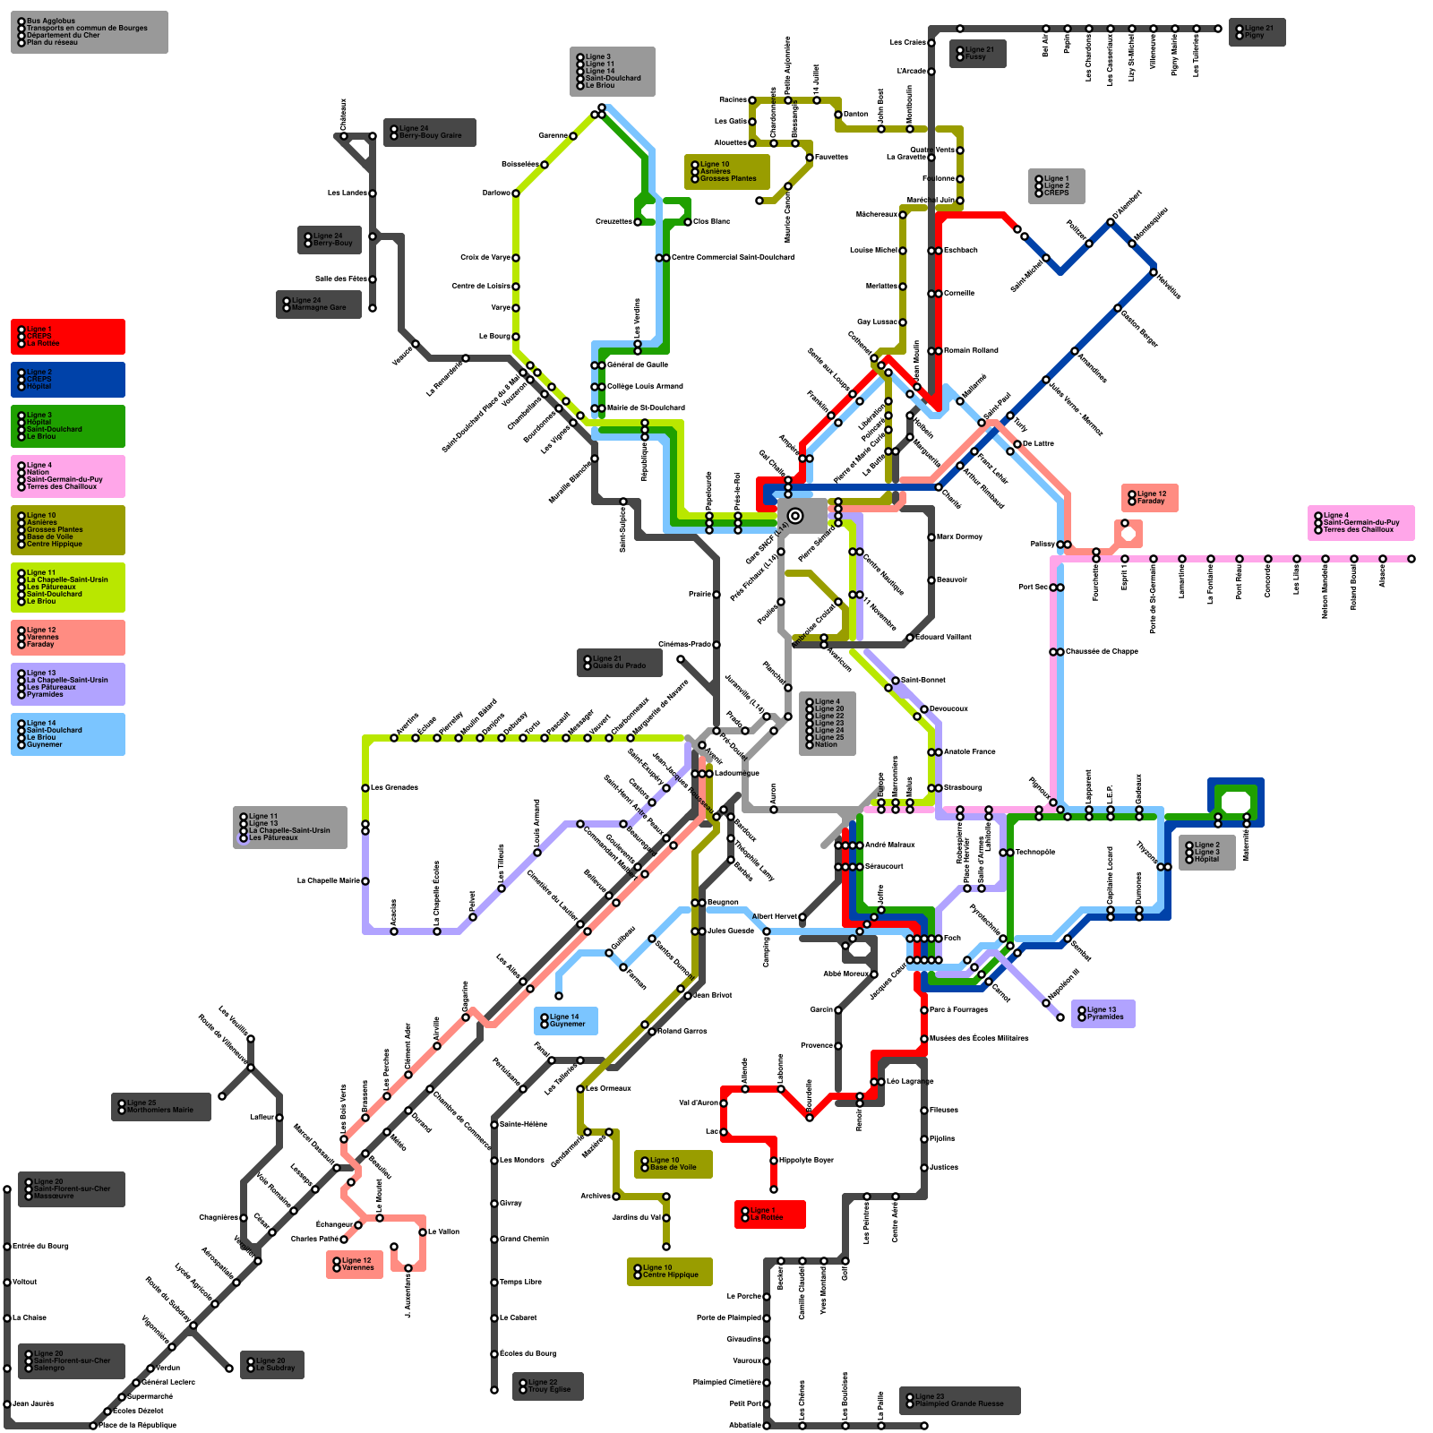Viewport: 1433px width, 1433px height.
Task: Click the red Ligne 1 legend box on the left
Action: pos(68,337)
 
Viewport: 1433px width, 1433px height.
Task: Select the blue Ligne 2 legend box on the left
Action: pos(68,380)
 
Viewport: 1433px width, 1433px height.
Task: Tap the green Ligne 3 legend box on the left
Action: pos(68,426)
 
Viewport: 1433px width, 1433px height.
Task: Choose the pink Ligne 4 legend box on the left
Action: pos(68,476)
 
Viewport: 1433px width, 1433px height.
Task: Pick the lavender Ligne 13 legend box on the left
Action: pos(68,684)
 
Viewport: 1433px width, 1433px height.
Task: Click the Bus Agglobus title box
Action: pos(89,32)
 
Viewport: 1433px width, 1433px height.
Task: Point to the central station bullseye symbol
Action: pos(794,515)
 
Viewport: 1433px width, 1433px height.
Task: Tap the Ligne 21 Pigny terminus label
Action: pos(1257,32)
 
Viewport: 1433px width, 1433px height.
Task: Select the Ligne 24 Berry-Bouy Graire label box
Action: pos(430,133)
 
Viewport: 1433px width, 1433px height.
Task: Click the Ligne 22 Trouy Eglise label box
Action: pos(548,1386)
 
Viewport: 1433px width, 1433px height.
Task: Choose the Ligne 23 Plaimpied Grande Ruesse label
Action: pos(960,1401)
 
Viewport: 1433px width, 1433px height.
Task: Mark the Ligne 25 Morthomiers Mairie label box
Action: pos(161,1107)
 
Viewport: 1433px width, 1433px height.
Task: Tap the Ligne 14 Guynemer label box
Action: pos(566,1021)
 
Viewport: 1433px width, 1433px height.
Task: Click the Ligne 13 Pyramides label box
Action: pos(1103,1014)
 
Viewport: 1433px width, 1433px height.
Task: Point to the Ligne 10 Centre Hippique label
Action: pos(670,1272)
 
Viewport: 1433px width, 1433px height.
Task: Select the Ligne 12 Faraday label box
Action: pos(1150,498)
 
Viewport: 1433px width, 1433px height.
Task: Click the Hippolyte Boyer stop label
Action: pos(806,1161)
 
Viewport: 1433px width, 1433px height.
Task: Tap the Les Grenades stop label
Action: pos(394,788)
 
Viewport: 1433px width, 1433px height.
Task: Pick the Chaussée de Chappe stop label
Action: pos(1102,652)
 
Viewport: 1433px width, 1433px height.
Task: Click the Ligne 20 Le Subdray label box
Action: pos(272,1365)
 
